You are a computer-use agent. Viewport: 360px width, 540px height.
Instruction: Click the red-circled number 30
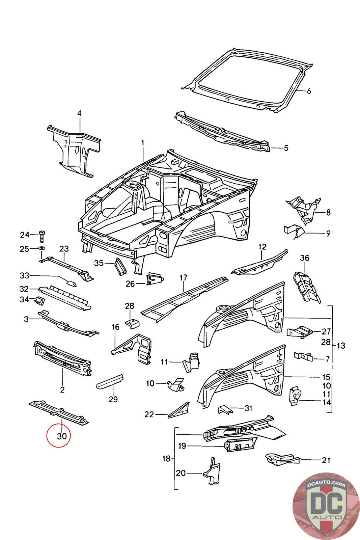pyautogui.click(x=61, y=436)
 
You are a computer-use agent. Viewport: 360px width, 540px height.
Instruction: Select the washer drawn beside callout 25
pyautogui.click(x=42, y=249)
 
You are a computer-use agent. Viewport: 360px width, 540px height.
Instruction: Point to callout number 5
pyautogui.click(x=286, y=147)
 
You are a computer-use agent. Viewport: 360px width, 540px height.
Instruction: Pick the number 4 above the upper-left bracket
pyautogui.click(x=79, y=113)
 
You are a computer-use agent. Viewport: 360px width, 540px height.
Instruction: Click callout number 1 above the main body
pyautogui.click(x=143, y=143)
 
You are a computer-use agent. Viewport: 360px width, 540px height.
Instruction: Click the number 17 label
pyautogui.click(x=183, y=278)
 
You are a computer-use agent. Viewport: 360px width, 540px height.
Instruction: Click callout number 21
pyautogui.click(x=326, y=460)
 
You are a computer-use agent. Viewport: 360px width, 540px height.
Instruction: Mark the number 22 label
pyautogui.click(x=149, y=414)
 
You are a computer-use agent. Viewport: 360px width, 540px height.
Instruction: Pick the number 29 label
pyautogui.click(x=113, y=399)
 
